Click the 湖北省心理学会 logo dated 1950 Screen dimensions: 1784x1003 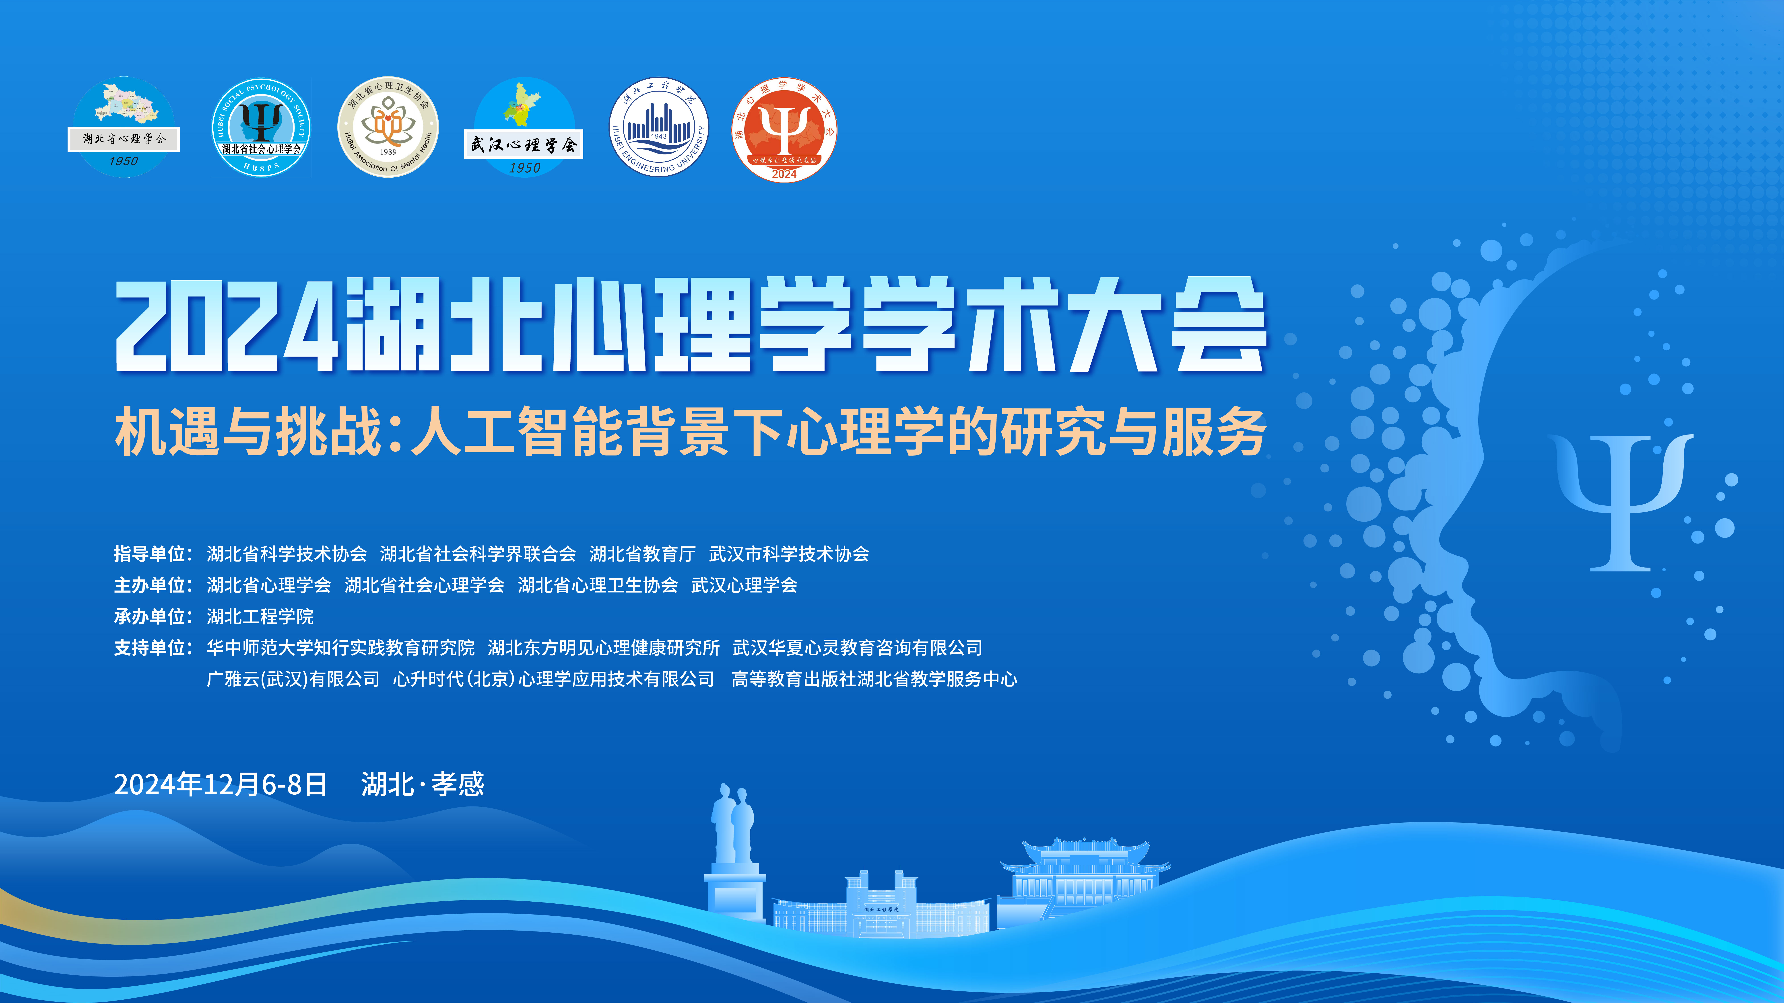pos(123,127)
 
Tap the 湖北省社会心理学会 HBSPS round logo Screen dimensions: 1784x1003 pos(261,127)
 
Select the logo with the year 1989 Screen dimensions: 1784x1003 pos(388,127)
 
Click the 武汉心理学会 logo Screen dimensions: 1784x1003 pos(524,127)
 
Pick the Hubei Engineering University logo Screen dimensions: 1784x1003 pos(659,127)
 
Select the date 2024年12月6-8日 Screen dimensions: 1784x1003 pos(220,784)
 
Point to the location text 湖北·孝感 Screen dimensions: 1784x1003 pos(423,784)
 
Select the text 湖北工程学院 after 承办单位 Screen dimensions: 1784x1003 pos(260,616)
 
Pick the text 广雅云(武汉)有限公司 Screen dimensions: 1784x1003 pos(293,679)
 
